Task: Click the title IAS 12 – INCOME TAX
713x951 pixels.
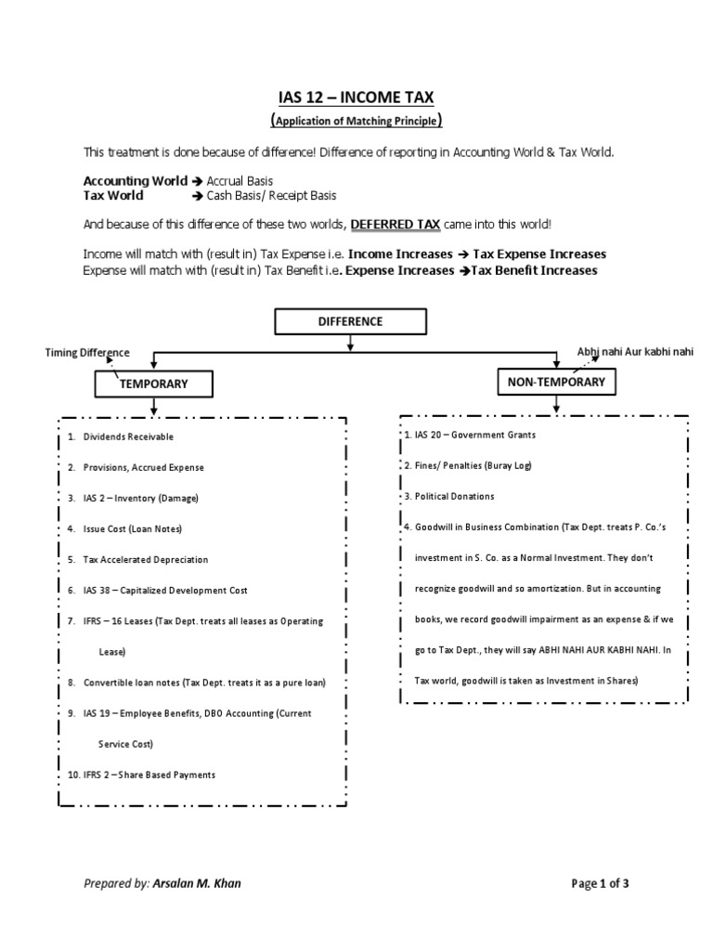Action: point(356,97)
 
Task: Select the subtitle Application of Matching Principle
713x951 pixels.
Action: point(356,121)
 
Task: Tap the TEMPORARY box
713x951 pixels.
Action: point(154,384)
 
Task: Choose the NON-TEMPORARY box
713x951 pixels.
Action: point(556,382)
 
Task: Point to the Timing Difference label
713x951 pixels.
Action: point(88,352)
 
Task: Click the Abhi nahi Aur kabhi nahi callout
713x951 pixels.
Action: point(635,352)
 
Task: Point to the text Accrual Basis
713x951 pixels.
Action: point(240,181)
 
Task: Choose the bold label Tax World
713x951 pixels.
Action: point(113,196)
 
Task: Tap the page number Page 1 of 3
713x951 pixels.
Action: point(599,883)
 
